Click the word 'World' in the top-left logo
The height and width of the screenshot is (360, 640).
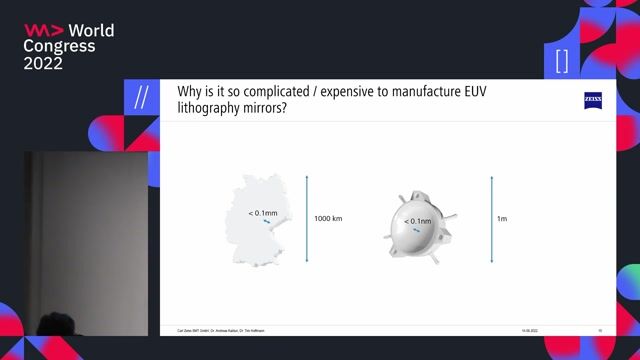pyautogui.click(x=92, y=31)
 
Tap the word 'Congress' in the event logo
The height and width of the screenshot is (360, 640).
pyautogui.click(x=59, y=46)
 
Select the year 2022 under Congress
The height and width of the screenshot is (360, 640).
pyautogui.click(x=43, y=63)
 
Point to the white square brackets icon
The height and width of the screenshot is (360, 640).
pyautogui.click(x=561, y=61)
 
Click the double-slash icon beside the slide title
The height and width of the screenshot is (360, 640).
pyautogui.click(x=142, y=98)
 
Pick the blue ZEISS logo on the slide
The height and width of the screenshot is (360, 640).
pyautogui.click(x=593, y=99)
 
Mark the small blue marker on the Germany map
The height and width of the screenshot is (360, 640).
pyautogui.click(x=267, y=223)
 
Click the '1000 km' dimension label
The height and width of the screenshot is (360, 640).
pyautogui.click(x=328, y=217)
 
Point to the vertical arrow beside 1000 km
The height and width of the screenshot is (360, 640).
pyautogui.click(x=307, y=217)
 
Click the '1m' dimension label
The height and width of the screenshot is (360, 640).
pyautogui.click(x=503, y=217)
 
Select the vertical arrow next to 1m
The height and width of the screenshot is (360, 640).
pyautogui.click(x=492, y=217)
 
